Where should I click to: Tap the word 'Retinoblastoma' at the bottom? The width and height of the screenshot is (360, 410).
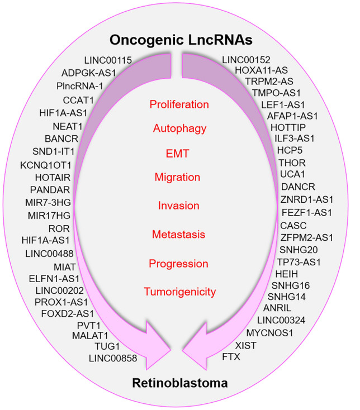coord(179,383)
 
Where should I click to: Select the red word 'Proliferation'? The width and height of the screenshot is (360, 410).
coord(179,104)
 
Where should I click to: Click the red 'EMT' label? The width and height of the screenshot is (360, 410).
coord(179,153)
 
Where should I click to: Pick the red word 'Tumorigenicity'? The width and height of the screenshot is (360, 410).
coord(179,291)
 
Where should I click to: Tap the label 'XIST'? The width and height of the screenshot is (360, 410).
coord(245,345)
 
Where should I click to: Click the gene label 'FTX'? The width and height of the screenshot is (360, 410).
coord(231,356)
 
